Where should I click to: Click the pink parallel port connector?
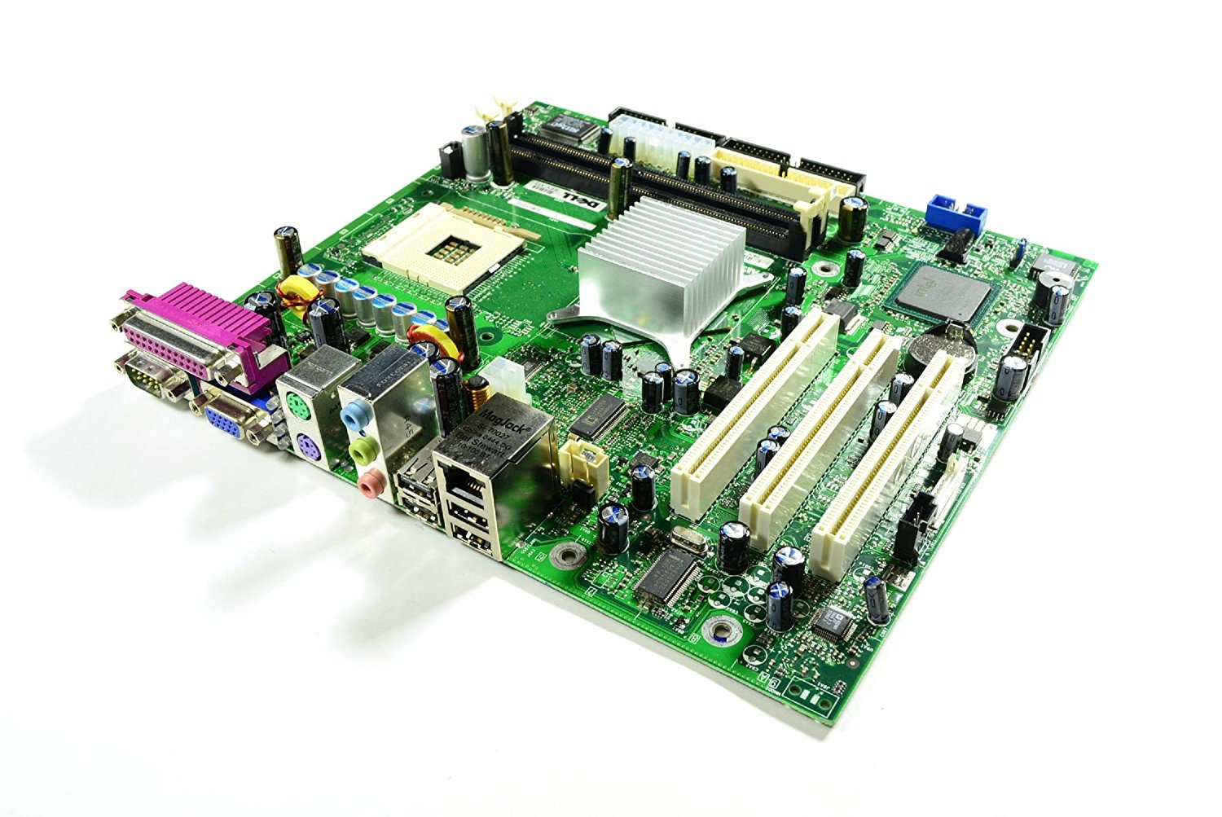click(196, 334)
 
